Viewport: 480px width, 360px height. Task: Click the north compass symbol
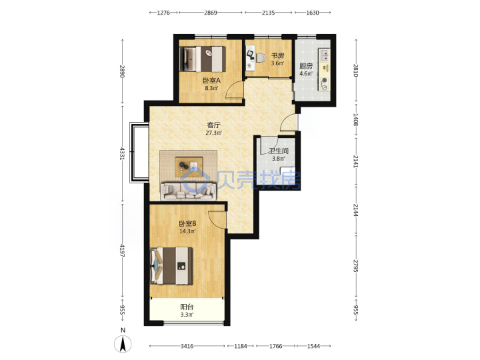[123, 343]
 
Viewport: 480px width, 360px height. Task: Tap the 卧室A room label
[211, 81]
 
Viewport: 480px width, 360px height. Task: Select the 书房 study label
[277, 56]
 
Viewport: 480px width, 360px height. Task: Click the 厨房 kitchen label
[306, 66]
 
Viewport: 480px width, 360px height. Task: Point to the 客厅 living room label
[214, 125]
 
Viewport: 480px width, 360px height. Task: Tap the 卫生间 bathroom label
[279, 151]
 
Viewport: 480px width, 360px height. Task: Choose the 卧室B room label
[187, 223]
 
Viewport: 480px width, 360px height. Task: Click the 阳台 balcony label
[187, 307]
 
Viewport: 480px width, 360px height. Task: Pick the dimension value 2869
[211, 13]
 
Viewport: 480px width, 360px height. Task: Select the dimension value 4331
[123, 154]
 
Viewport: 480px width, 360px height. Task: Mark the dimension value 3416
[187, 346]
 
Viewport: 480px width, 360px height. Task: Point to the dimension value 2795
[356, 266]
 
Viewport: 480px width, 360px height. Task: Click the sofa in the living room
[188, 191]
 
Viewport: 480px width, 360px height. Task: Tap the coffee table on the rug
[189, 167]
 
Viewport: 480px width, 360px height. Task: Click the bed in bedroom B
[171, 266]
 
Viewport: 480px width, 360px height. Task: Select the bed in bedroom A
[203, 59]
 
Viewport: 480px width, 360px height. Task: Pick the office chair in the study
[260, 58]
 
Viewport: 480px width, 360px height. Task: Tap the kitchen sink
[325, 55]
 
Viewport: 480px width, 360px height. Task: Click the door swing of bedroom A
[235, 90]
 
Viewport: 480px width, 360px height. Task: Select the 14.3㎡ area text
[187, 231]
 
